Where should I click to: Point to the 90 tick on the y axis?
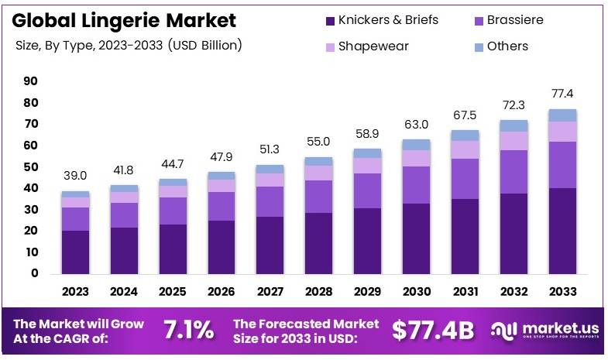point(31,81)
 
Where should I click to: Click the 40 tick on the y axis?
point(31,188)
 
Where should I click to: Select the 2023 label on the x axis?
point(76,292)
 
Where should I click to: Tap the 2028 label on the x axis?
point(318,292)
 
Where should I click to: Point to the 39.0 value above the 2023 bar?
point(76,177)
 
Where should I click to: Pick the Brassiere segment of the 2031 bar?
point(465,179)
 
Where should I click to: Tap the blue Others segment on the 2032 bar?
point(514,125)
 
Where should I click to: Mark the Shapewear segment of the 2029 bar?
point(367,166)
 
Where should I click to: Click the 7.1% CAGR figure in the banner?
point(188,330)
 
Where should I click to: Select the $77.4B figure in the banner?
point(432,330)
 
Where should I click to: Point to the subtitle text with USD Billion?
point(129,46)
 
